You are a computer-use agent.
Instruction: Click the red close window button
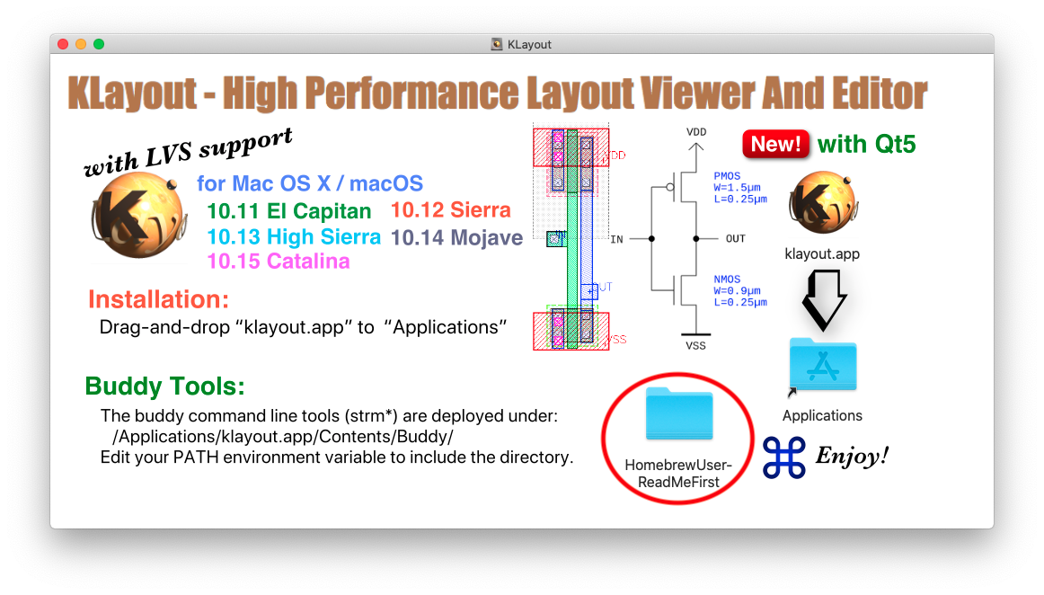coord(63,44)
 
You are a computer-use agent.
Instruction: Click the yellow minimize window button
coord(81,44)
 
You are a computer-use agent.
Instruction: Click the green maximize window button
coord(99,44)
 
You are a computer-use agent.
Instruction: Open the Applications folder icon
coord(822,366)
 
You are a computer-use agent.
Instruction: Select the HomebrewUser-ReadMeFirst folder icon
coord(678,414)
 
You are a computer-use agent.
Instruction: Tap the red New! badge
coord(775,144)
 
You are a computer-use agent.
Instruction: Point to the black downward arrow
coord(823,298)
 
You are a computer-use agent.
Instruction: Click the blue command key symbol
coord(784,457)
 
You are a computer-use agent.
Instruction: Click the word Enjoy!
coord(852,456)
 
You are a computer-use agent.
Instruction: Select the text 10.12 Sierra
coord(451,210)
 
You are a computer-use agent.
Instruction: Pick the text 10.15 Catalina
coord(279,262)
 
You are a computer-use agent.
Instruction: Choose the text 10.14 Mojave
coord(457,237)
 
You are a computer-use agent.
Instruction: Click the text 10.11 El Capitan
coord(288,211)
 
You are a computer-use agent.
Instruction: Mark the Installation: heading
coord(158,299)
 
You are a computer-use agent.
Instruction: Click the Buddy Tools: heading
coord(164,386)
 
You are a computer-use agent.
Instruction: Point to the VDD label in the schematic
coord(696,132)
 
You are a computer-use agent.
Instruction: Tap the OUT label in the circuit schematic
coord(735,239)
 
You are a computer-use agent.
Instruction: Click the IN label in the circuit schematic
coord(616,239)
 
